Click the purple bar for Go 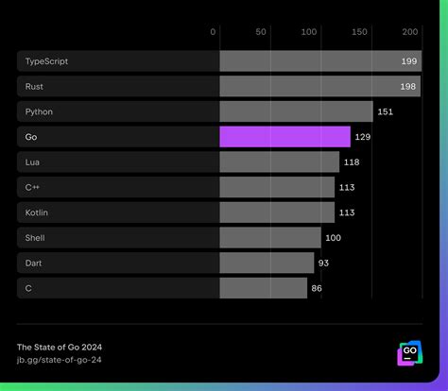coord(284,137)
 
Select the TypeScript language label coord(47,61)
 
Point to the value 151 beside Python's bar coord(387,111)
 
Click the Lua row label coord(33,162)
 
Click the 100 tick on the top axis coord(309,32)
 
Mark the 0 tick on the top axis coord(214,32)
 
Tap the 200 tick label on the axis coord(410,32)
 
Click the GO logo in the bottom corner coord(409,353)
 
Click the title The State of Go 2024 coord(60,346)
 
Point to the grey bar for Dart coord(267,263)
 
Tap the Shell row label coord(36,238)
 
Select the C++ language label coord(33,188)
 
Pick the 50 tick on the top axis coord(262,32)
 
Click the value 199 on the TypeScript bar coord(409,61)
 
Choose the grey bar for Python coord(296,111)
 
